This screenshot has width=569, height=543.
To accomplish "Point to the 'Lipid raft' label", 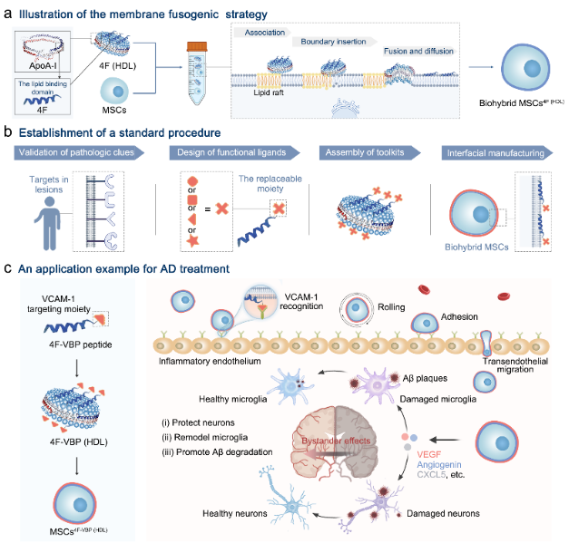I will click(266, 92).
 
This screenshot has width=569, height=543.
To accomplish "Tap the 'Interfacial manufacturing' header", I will click(495, 153).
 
